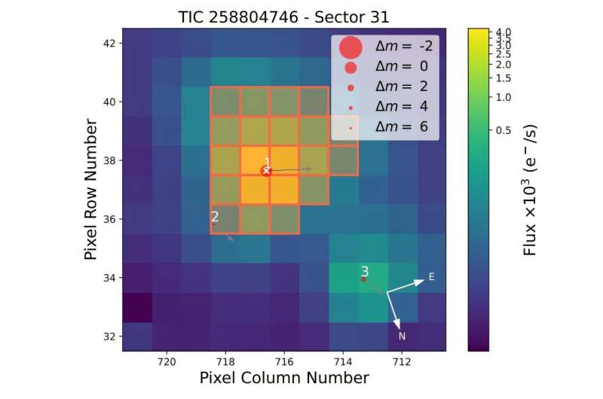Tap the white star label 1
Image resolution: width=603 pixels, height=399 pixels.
point(267,162)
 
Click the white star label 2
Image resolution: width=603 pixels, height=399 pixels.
point(215,216)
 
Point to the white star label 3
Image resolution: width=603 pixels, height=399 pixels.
point(365,271)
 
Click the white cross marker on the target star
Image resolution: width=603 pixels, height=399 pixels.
point(266,171)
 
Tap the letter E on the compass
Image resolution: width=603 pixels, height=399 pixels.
point(432,277)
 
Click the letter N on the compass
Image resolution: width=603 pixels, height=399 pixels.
point(403,336)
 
